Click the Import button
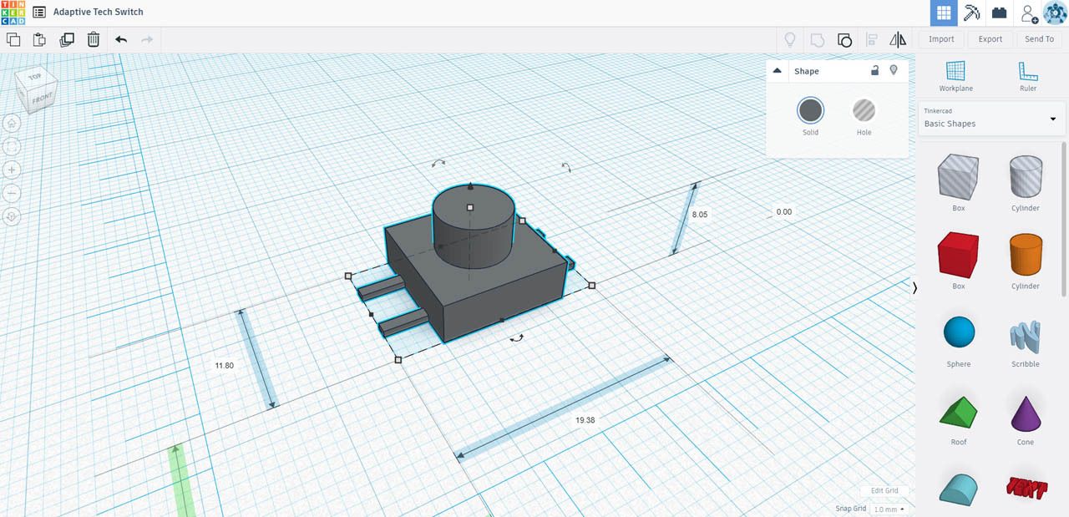[941, 39]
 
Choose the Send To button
[1039, 39]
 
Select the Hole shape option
[864, 111]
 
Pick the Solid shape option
[810, 111]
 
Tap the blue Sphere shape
[958, 332]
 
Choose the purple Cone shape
[1025, 413]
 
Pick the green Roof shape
[958, 413]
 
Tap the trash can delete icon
[94, 39]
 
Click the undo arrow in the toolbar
[121, 39]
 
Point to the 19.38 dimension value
[585, 420]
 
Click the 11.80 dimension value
[224, 366]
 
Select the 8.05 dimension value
[699, 215]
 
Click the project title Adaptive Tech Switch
[98, 12]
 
